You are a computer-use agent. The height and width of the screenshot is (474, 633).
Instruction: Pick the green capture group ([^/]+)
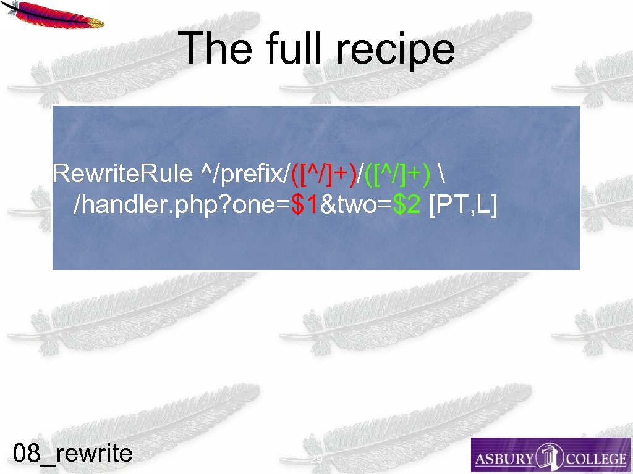[x=398, y=175]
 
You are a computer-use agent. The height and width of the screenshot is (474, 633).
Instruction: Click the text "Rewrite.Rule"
[x=122, y=175]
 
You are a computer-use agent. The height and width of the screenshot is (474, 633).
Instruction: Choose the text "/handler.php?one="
[x=182, y=207]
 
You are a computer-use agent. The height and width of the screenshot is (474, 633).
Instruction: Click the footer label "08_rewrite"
[x=73, y=454]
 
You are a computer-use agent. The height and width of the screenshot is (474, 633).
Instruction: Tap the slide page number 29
[x=316, y=459]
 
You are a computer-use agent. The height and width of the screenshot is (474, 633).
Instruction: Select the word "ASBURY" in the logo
[x=503, y=459]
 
